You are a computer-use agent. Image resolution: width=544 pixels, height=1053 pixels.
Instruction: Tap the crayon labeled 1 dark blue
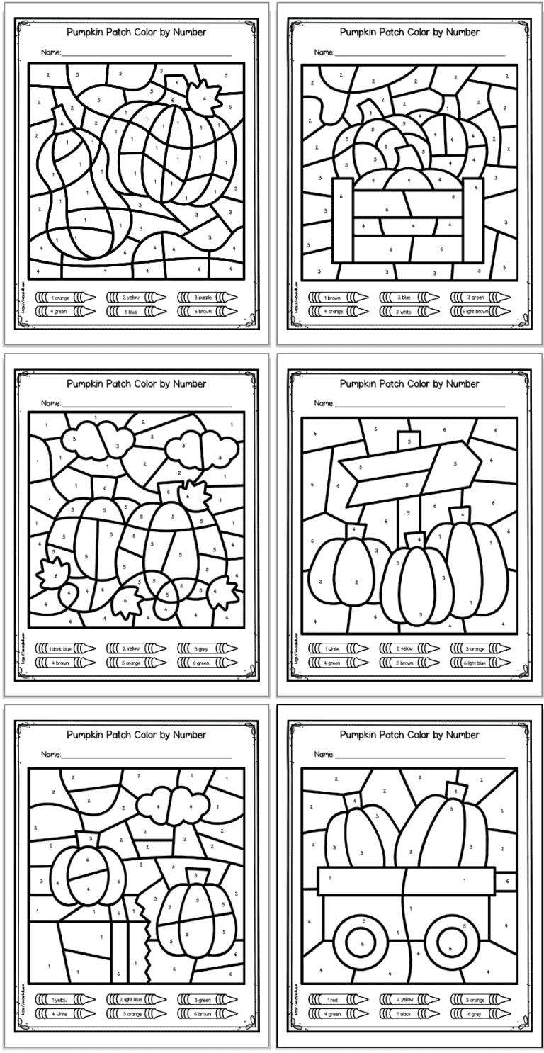(64, 648)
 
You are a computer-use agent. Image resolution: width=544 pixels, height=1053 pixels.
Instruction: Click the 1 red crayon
(336, 999)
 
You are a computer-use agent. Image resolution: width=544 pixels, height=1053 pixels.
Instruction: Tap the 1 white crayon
(336, 648)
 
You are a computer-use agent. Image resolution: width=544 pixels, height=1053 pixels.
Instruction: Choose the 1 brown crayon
(336, 298)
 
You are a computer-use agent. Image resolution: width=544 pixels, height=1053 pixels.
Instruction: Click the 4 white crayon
(64, 1013)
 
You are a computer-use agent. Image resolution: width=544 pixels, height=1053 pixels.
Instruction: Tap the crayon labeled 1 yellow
(64, 999)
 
